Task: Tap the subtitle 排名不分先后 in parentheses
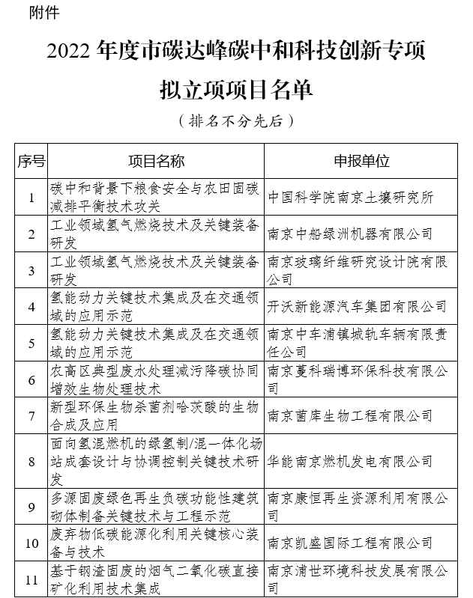236,120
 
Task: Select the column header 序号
31,161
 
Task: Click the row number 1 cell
31,198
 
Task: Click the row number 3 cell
31,270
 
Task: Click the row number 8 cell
31,461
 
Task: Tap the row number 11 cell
31,579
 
